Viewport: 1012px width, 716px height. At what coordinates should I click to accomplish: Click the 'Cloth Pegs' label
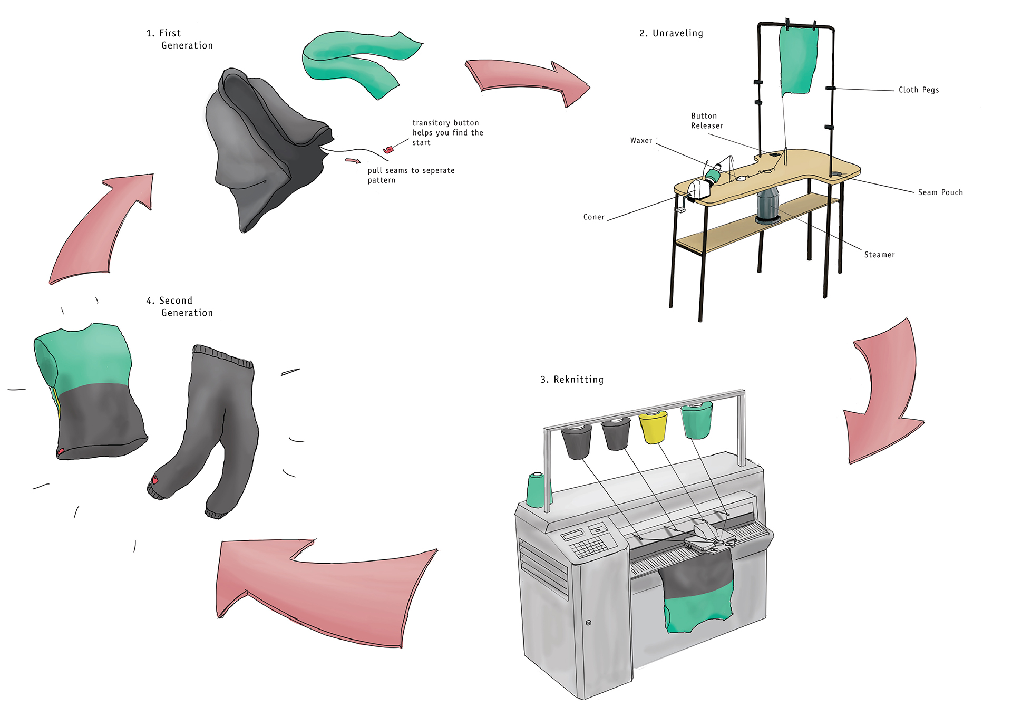tap(918, 90)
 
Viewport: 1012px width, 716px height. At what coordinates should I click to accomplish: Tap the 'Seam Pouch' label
tap(940, 192)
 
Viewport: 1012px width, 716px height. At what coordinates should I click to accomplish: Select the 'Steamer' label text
tap(879, 255)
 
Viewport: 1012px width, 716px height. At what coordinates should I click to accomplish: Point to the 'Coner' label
tap(593, 217)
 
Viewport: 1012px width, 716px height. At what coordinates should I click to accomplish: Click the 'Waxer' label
tap(641, 141)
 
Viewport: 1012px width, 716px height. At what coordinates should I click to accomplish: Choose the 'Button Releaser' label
tap(706, 121)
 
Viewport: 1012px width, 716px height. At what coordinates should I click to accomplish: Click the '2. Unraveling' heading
tap(671, 33)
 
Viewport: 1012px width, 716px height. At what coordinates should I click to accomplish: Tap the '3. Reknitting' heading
tap(572, 380)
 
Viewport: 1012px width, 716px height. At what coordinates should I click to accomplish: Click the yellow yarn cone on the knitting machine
tap(653, 427)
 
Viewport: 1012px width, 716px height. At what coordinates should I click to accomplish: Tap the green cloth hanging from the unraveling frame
tap(797, 61)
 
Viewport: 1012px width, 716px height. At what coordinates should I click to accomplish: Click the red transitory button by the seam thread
tap(388, 150)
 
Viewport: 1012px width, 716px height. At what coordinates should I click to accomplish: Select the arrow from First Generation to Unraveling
tap(527, 79)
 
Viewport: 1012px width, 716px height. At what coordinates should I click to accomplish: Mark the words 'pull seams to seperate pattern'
tap(411, 175)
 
